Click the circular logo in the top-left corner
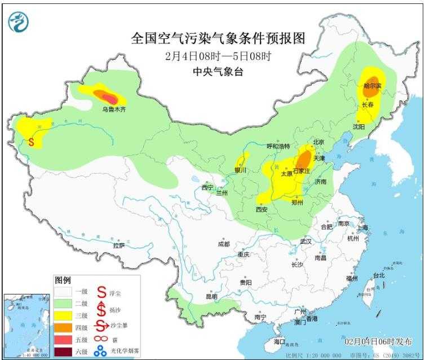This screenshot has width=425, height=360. (x=17, y=21)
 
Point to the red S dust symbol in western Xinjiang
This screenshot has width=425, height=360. (x=31, y=142)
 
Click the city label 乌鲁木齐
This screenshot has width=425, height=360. (x=114, y=109)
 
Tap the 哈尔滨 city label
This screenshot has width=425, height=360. (x=373, y=86)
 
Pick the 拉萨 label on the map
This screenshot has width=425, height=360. (x=118, y=245)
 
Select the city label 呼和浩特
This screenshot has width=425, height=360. (x=277, y=146)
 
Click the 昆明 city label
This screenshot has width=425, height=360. (x=211, y=296)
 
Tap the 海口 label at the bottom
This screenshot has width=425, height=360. (x=280, y=342)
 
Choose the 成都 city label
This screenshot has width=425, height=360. (x=223, y=244)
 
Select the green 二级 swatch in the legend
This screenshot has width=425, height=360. (x=63, y=302)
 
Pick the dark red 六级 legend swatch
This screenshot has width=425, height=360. (x=63, y=352)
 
